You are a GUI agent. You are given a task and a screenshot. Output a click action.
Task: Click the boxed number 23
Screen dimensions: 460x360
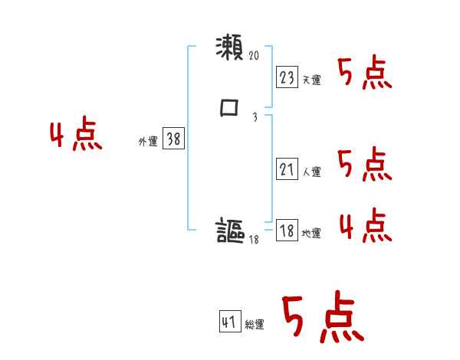287,77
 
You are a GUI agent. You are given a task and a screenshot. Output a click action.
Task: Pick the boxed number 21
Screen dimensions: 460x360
287,169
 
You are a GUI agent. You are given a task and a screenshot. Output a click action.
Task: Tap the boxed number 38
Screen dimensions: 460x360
173,139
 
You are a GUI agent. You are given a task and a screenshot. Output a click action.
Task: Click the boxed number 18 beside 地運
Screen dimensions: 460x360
287,231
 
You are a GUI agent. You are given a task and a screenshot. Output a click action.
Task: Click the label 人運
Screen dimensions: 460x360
311,172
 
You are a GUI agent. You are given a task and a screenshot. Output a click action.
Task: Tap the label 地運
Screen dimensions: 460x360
311,234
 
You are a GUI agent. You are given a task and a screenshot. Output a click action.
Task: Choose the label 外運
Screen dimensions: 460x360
148,142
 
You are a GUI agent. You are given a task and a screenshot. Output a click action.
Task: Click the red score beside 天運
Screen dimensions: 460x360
365,74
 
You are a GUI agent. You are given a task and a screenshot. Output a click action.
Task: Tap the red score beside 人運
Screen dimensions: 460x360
365,165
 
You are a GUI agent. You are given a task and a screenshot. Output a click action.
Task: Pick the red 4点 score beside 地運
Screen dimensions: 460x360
365,226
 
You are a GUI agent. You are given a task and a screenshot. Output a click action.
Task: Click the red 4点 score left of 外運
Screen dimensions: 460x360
76,135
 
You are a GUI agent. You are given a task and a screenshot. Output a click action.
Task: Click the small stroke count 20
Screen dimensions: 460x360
255,56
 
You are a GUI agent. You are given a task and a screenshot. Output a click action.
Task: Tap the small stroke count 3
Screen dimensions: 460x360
254,117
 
